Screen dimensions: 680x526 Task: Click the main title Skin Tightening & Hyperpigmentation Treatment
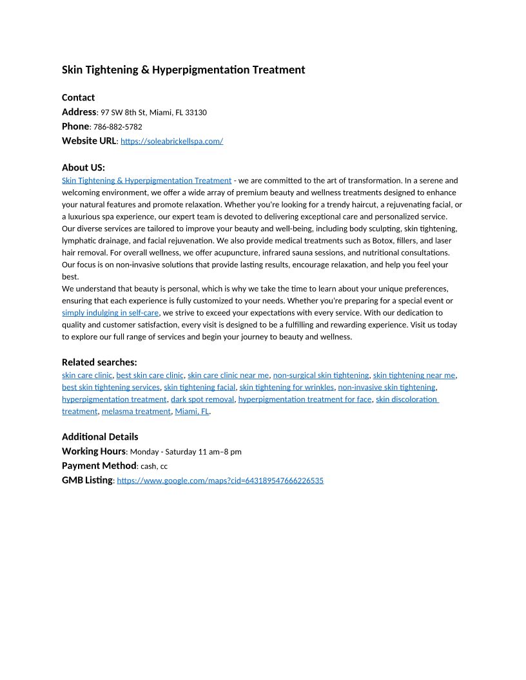[183, 70]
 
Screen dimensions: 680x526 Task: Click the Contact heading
[78, 98]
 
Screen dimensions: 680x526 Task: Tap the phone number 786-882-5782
[117, 127]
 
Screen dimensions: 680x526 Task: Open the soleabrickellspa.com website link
[171, 141]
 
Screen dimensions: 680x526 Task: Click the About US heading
[83, 167]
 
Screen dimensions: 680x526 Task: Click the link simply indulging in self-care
[110, 313]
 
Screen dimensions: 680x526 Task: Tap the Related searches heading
[99, 362]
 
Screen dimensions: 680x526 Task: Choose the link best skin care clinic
[150, 375]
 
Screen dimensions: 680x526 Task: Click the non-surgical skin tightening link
[320, 375]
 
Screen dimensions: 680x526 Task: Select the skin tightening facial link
[199, 388]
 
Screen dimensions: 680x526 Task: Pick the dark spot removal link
[202, 399]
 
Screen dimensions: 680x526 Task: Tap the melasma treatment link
[135, 411]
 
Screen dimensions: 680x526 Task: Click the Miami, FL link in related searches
[191, 411]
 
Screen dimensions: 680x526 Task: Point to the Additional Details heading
[100, 437]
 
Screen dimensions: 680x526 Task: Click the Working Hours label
[93, 451]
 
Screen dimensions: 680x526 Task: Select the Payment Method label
[99, 466]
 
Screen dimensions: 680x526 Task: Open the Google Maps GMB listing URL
[220, 480]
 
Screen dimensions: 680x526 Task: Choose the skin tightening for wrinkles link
[286, 388]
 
